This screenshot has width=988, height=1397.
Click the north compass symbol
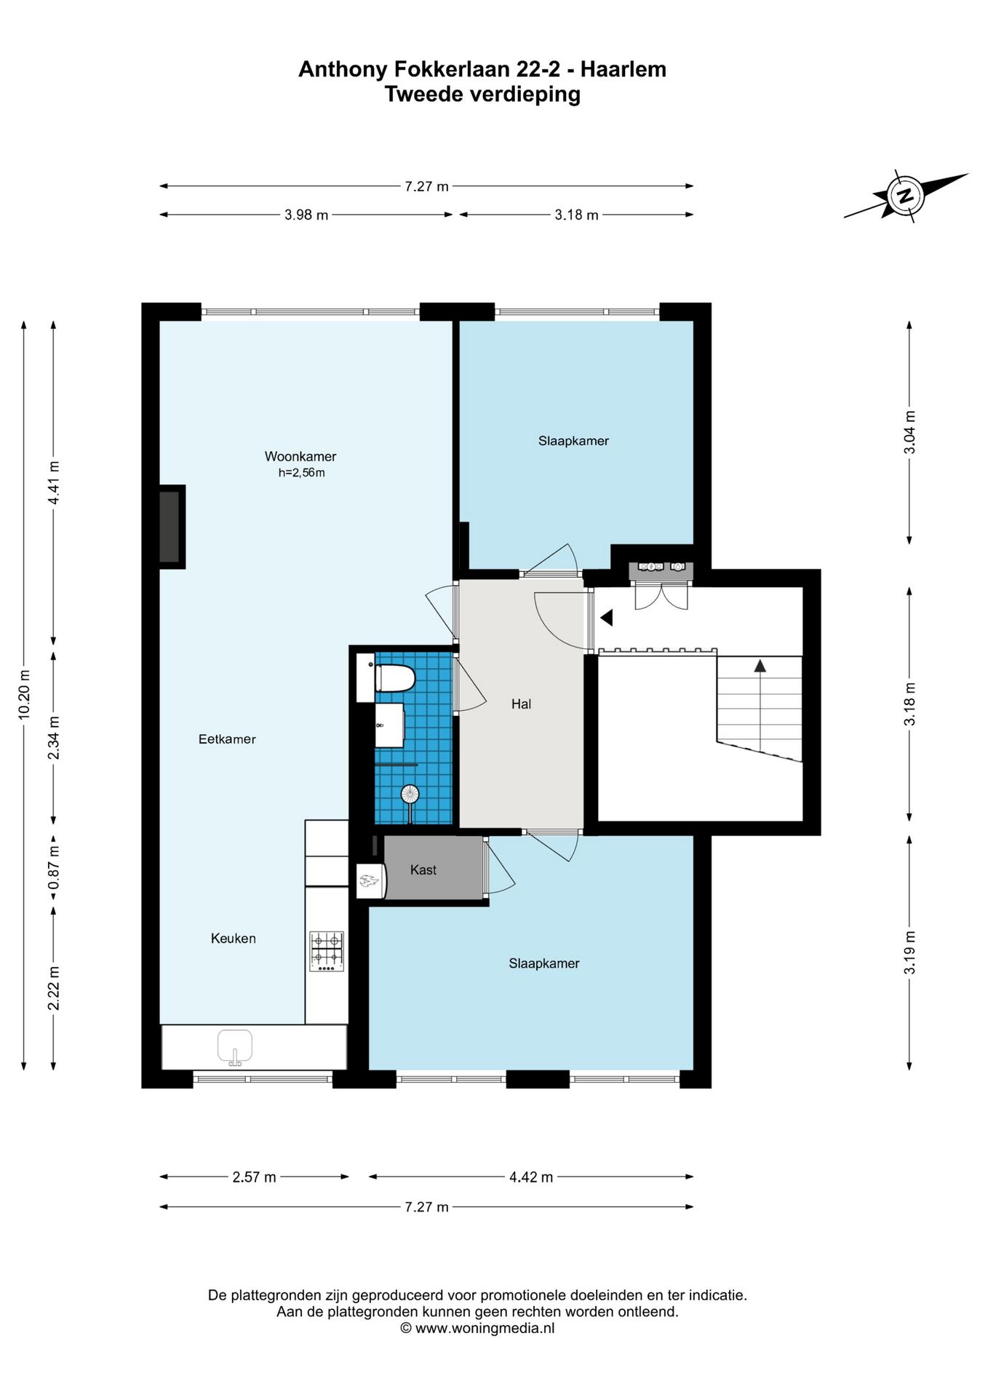tap(906, 195)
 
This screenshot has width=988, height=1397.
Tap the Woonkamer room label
tap(300, 457)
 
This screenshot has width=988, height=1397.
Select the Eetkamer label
tap(227, 739)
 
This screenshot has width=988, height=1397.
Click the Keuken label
tap(234, 939)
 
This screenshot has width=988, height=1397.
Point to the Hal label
tap(521, 704)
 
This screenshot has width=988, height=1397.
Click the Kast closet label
tap(423, 869)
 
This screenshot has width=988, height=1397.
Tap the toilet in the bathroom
tap(394, 679)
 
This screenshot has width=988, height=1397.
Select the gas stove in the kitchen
tap(327, 952)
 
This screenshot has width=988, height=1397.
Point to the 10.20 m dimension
tap(24, 695)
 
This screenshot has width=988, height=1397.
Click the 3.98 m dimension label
tap(306, 215)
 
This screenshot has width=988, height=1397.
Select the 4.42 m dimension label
tap(531, 1177)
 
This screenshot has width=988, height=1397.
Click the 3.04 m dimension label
tap(909, 432)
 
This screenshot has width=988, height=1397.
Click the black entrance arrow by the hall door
tap(606, 618)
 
